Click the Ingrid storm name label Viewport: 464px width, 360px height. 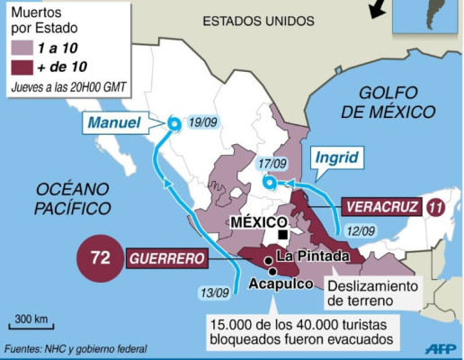336,159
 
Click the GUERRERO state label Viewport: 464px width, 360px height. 168,258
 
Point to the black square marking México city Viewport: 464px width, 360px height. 282,235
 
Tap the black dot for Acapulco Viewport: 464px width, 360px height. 272,271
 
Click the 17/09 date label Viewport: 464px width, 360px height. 272,164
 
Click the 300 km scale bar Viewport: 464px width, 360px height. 31,328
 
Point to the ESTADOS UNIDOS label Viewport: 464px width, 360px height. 258,20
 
